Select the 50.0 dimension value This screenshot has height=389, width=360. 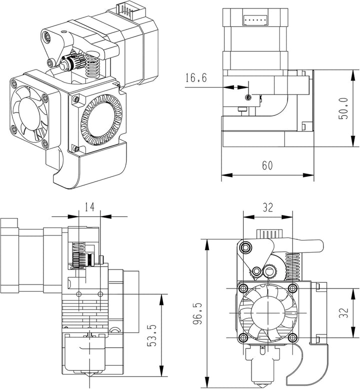(343, 108)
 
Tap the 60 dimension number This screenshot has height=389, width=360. (267, 166)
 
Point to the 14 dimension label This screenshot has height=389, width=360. (89, 206)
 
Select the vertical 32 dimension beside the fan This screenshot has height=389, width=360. (343, 313)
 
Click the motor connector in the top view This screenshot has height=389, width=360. (253, 20)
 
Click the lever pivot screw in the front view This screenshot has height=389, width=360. (246, 247)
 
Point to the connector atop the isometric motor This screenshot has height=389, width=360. (125, 9)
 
